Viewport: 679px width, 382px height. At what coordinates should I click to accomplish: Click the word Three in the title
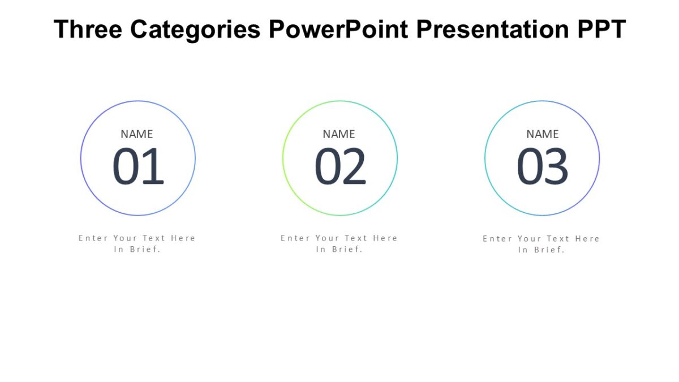tap(88, 29)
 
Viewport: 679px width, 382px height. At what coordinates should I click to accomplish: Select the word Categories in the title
tap(195, 29)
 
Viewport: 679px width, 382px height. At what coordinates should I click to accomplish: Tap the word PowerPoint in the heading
tap(338, 29)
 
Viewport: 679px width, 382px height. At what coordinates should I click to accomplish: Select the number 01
tap(138, 168)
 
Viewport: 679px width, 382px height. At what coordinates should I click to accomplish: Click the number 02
tap(340, 168)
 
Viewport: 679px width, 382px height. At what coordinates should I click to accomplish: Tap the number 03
tap(542, 168)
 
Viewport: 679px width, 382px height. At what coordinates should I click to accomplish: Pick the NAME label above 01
tap(137, 134)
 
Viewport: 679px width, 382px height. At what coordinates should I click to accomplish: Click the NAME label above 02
tap(339, 134)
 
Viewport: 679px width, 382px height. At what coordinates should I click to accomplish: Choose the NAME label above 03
tap(542, 134)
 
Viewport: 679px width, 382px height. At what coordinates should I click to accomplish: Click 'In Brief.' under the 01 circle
tap(137, 250)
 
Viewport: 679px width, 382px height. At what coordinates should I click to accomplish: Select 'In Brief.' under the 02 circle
tap(339, 250)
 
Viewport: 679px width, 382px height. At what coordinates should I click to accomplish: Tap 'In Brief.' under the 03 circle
tap(542, 250)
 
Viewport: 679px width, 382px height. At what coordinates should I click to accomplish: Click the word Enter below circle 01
tap(93, 238)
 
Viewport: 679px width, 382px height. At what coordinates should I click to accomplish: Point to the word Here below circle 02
tap(385, 238)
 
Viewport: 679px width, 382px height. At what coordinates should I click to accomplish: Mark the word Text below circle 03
tap(558, 239)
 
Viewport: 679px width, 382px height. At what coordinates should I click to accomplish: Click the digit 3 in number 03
tap(556, 168)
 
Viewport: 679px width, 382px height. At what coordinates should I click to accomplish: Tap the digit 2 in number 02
tap(354, 168)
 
